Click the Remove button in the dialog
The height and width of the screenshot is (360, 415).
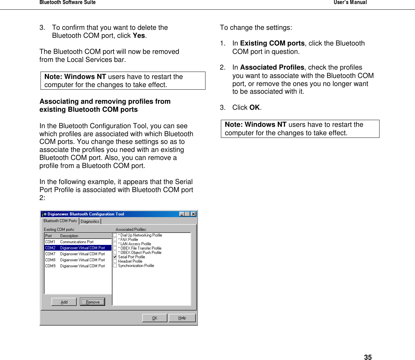click(x=92, y=302)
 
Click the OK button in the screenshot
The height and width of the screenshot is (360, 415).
click(x=155, y=318)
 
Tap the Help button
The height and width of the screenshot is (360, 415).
click(x=182, y=318)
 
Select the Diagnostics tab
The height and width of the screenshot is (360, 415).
click(x=90, y=221)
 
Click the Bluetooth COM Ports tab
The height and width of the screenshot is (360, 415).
click(x=60, y=221)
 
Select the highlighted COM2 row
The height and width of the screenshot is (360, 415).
click(x=78, y=248)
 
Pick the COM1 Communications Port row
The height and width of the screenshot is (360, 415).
click(x=78, y=242)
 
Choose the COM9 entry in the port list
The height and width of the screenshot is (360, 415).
click(x=78, y=266)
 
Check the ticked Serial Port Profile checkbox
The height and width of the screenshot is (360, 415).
click(x=115, y=257)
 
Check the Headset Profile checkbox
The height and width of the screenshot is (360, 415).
click(x=115, y=261)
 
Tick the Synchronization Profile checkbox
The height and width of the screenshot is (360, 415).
click(x=115, y=266)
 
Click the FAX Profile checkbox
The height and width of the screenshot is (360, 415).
click(x=115, y=240)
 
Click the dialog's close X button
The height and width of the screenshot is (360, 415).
click(x=193, y=214)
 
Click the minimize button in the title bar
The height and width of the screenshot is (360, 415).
click(x=182, y=214)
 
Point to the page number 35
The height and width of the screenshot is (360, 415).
click(x=368, y=357)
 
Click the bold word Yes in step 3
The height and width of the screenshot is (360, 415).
click(x=139, y=36)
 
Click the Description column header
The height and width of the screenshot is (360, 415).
click(x=69, y=236)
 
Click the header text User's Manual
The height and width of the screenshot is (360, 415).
click(x=350, y=2)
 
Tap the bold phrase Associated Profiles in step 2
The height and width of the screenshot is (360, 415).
click(x=272, y=67)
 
